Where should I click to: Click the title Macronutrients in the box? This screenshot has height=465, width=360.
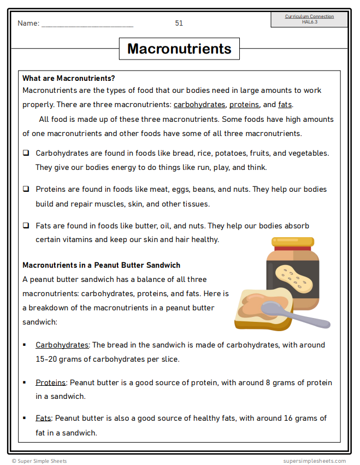[x=179, y=49]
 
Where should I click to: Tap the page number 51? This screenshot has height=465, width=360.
[x=179, y=23]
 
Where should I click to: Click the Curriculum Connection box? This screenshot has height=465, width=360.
[x=309, y=20]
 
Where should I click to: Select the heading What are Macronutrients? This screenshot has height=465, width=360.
[x=68, y=78]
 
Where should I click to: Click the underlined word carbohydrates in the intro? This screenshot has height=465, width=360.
[x=199, y=105]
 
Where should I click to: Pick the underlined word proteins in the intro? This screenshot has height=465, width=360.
[x=244, y=105]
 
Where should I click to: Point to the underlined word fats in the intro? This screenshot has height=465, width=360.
[x=285, y=105]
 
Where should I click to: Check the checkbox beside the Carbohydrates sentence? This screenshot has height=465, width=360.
[x=26, y=153]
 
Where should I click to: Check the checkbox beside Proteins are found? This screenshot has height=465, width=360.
[x=26, y=189]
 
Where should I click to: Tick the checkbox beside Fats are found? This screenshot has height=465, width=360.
[x=26, y=225]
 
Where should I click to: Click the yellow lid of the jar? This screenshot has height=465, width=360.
[x=293, y=242]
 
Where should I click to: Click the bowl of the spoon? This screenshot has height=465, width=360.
[x=274, y=308]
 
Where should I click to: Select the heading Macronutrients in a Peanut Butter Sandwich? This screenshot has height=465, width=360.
[x=102, y=265]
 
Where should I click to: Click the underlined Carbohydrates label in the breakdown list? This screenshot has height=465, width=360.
[x=62, y=345]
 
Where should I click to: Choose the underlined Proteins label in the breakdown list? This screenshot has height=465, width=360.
[x=50, y=382]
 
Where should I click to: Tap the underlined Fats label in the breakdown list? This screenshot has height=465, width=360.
[x=43, y=418]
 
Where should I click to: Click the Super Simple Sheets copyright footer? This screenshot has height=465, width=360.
[x=39, y=461]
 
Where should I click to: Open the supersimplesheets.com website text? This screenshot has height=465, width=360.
[x=314, y=461]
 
